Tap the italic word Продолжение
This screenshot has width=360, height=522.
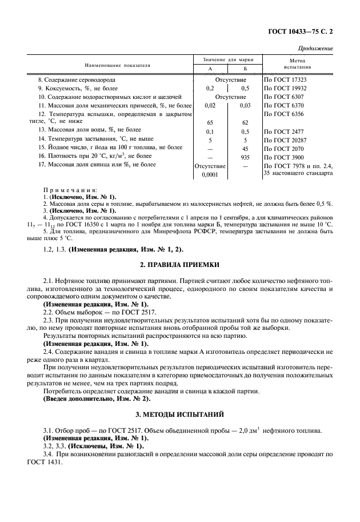coord(316,49)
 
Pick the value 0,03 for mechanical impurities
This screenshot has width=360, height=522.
coord(245,106)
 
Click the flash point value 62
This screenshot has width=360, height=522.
coord(245,122)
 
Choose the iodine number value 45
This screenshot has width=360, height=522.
coord(245,148)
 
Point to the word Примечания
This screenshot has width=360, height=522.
coord(70,189)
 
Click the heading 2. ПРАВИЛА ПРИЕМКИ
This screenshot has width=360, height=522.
coord(180,265)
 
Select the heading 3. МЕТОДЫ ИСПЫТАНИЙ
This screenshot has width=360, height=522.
coord(180,413)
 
